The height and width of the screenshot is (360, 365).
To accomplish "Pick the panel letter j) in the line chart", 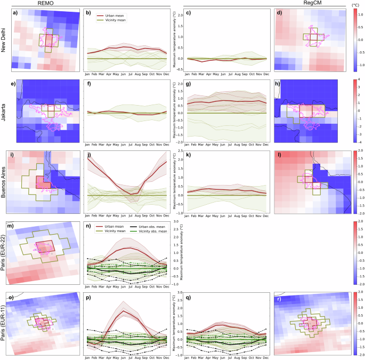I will click(90, 155).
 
